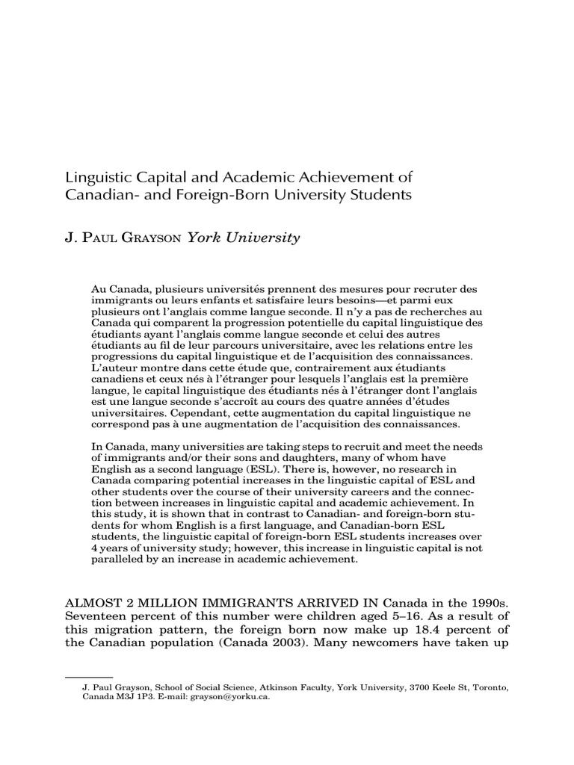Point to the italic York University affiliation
click(x=243, y=238)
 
